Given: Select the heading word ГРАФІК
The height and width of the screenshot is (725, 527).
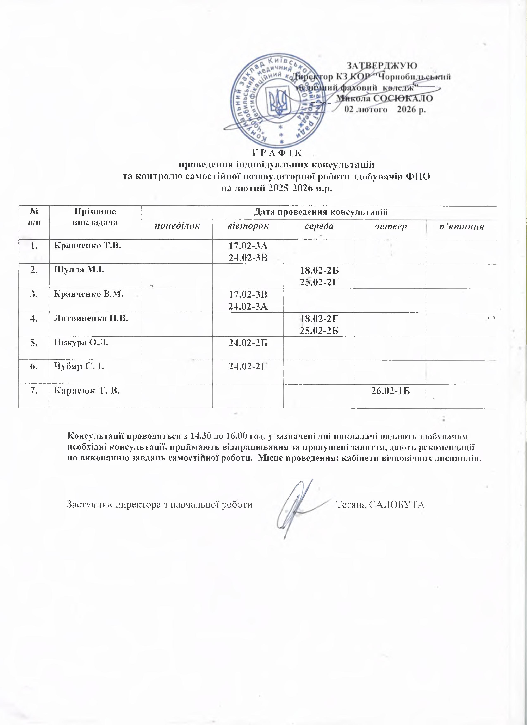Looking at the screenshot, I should click(277, 153).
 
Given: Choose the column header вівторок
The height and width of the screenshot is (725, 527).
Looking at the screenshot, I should click(248, 227).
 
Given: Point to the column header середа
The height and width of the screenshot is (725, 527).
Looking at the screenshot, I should click(319, 227).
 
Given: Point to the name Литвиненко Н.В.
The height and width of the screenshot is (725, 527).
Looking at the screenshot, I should click(91, 318).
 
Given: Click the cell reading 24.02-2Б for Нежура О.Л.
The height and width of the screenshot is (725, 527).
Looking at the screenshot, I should click(248, 343).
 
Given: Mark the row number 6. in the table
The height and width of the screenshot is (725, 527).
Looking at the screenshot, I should click(33, 367).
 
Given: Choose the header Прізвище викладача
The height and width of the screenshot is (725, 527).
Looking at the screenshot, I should click(95, 216).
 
